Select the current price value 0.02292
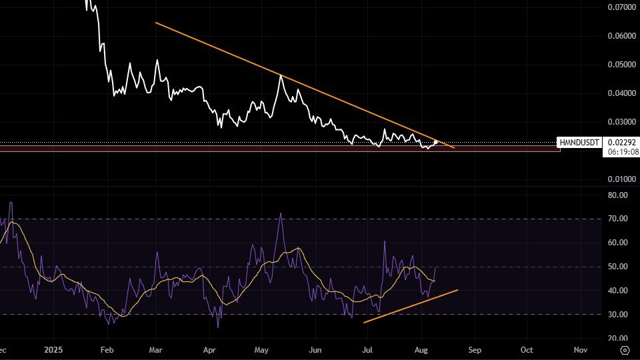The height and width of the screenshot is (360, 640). click(622, 143)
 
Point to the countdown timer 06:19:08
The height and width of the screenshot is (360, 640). click(622, 152)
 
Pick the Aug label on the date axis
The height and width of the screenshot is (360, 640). click(421, 349)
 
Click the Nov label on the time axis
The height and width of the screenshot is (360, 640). click(580, 349)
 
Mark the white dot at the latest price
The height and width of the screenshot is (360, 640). click(435, 142)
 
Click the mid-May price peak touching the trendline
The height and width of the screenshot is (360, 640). click(281, 76)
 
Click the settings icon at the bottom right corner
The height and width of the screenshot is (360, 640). click(625, 349)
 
